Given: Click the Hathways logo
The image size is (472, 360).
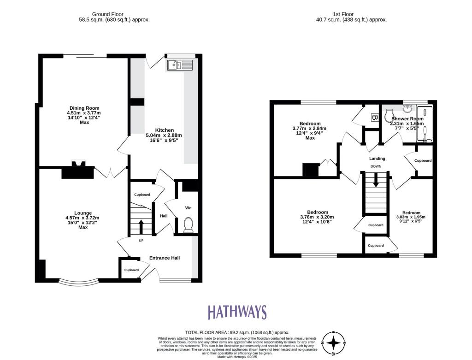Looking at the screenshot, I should (237, 312).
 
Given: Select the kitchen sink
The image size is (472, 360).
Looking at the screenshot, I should (180, 65).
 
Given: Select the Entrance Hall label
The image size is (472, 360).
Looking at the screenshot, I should (164, 258).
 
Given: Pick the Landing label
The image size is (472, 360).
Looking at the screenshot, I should (377, 159).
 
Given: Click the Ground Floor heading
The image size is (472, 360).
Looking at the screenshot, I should (114, 14).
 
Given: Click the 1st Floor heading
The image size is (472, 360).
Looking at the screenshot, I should (351, 14).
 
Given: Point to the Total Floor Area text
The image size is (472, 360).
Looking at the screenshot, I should (237, 332).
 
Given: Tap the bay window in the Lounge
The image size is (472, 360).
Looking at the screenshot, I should (78, 281).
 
